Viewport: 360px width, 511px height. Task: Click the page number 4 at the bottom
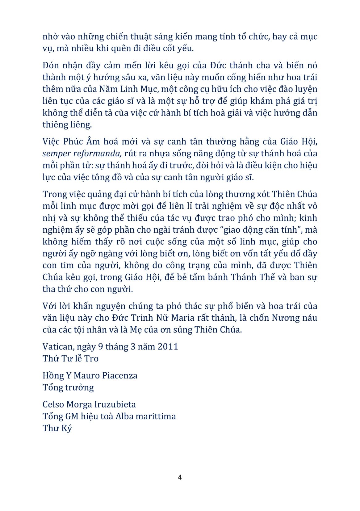coord(180,477)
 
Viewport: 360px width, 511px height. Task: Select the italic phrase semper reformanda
coord(81,154)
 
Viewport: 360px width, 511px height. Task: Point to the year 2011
coord(168,347)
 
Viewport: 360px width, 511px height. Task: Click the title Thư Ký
coord(57,429)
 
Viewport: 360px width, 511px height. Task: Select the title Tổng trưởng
coord(68,388)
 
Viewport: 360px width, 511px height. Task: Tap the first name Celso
coord(53,405)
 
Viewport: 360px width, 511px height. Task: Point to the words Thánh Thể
coord(253,277)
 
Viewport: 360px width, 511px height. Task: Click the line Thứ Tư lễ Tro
coord(71,358)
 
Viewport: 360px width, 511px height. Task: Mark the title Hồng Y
coord(53,376)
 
